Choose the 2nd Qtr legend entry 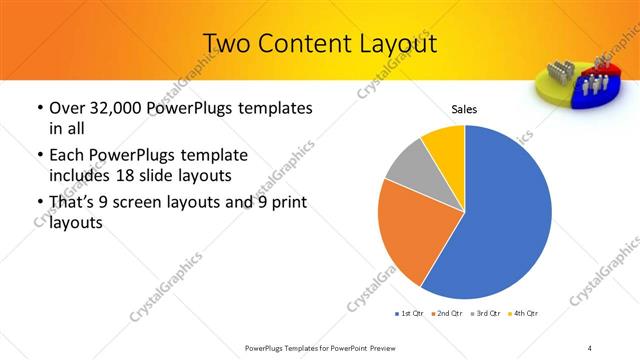[446, 314]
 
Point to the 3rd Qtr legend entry [485, 314]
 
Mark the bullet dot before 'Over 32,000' [38, 107]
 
